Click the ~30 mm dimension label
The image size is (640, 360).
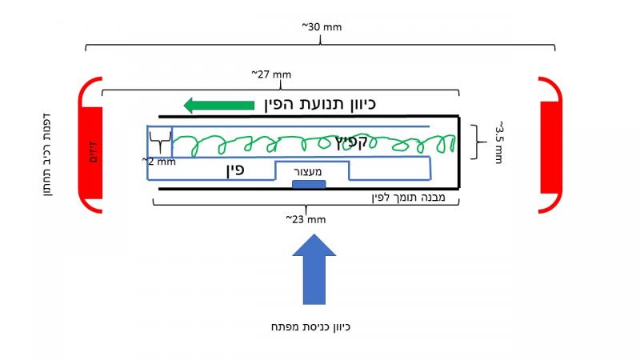pos(321,26)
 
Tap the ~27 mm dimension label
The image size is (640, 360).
pos(271,74)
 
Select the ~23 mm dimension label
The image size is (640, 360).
pos(305,218)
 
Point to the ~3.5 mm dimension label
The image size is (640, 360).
pos(497,142)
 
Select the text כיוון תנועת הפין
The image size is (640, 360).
pos(318,104)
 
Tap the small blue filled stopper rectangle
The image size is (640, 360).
pos(309,185)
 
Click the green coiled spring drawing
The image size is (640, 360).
pos(312,144)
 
